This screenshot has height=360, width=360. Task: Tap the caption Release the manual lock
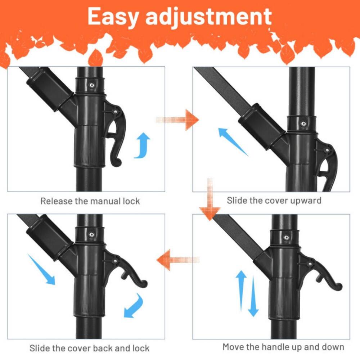coord(90,201)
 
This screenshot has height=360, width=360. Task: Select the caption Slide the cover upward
coord(274,201)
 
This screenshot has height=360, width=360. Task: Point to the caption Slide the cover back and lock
coord(89,348)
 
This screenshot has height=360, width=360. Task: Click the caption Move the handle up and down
coord(283,347)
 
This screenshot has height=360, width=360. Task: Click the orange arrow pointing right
coord(178,120)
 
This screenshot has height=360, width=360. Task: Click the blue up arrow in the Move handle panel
coord(241,290)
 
